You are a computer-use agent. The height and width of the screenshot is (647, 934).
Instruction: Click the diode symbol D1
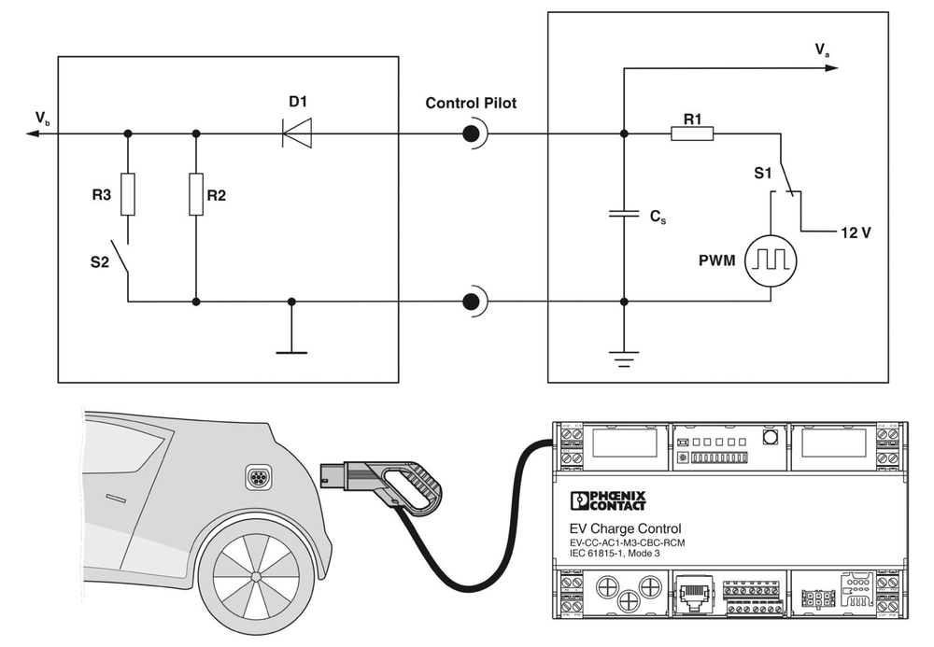pyautogui.click(x=296, y=134)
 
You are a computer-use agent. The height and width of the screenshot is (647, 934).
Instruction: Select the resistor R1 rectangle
pyautogui.click(x=692, y=134)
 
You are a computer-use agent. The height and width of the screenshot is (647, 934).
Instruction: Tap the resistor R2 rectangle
pyautogui.click(x=196, y=194)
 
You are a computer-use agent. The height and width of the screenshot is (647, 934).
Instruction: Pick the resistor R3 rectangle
pyautogui.click(x=128, y=194)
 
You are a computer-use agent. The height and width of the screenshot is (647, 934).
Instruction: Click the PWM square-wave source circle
pyautogui.click(x=771, y=259)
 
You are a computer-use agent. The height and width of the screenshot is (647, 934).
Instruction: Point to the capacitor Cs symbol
pyautogui.click(x=624, y=214)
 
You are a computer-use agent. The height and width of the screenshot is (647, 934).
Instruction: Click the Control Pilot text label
pyautogui.click(x=471, y=102)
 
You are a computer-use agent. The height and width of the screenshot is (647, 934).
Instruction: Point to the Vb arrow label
pyautogui.click(x=43, y=120)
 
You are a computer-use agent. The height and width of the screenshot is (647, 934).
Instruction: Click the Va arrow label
pyautogui.click(x=822, y=52)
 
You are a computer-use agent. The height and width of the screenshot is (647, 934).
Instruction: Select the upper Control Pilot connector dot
pyautogui.click(x=473, y=134)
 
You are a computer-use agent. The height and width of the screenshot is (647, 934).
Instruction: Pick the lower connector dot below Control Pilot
pyautogui.click(x=473, y=302)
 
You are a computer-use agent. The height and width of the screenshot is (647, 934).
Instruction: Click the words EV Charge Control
pyautogui.click(x=625, y=528)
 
